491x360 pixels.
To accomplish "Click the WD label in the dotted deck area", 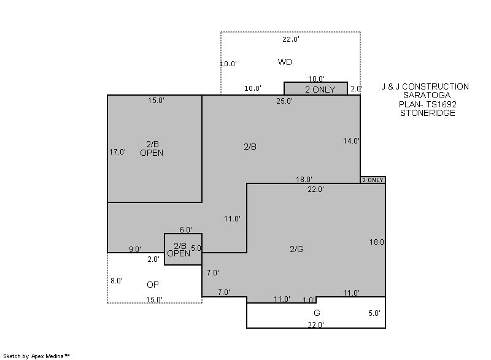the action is (285, 62).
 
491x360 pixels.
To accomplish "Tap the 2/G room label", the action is (296, 249).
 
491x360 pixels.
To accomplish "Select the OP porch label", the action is (152, 285).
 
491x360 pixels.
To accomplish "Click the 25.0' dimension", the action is (284, 101).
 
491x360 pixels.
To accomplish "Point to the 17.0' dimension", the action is (117, 152).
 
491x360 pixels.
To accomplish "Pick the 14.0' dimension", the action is (351, 141).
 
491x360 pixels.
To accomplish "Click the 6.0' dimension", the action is (186, 230).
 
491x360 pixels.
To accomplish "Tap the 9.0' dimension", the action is (135, 249).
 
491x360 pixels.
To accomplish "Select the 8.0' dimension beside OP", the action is (117, 281).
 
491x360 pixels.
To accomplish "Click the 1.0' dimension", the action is (309, 301).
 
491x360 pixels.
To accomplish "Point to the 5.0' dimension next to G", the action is (374, 313).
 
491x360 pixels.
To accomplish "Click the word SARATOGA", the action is (427, 95).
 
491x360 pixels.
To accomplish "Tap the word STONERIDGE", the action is (427, 113).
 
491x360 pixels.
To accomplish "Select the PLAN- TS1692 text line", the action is (427, 104).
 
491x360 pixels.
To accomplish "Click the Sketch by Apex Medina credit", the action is (36, 356).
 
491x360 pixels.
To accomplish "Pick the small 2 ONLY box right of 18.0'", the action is (373, 180).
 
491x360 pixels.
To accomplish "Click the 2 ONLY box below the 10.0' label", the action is (315, 88).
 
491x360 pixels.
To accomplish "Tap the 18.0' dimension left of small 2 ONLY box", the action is (304, 180).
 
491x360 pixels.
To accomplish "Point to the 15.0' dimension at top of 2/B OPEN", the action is (157, 101).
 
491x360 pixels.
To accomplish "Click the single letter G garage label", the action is (317, 313).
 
